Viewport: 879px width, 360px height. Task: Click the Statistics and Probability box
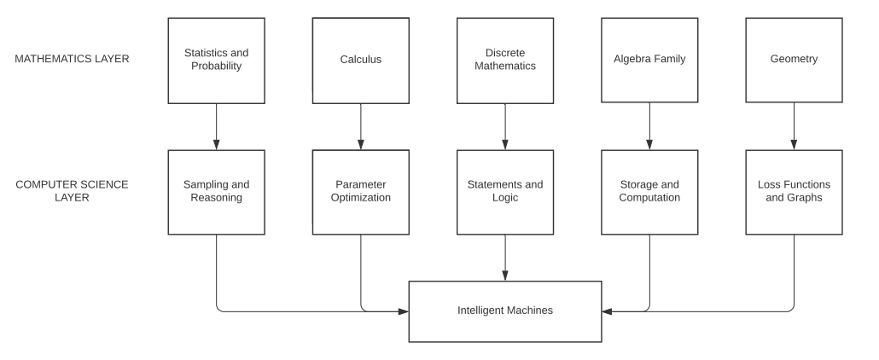(216, 60)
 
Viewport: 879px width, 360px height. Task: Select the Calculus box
(360, 60)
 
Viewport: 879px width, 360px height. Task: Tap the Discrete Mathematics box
(505, 60)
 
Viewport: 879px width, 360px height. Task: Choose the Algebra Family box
(649, 60)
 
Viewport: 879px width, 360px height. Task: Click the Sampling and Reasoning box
(216, 192)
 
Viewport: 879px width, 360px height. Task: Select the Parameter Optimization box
(360, 192)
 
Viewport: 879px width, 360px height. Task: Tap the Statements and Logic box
(505, 192)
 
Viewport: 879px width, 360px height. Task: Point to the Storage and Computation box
(649, 192)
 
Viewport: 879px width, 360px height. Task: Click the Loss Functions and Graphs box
(794, 192)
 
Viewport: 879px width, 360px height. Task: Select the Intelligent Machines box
(505, 311)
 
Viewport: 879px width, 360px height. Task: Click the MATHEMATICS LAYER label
(72, 60)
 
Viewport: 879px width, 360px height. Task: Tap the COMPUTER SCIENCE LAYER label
(72, 191)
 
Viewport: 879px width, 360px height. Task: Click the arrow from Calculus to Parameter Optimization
(360, 126)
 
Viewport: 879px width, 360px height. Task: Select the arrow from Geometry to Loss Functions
(794, 126)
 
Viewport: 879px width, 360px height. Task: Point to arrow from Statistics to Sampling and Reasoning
(216, 126)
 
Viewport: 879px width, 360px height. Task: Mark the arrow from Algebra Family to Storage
(649, 126)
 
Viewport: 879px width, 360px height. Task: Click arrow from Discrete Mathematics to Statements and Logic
(505, 126)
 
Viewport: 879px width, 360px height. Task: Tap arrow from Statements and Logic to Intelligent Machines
(505, 257)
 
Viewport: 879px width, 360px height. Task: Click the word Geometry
(794, 60)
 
